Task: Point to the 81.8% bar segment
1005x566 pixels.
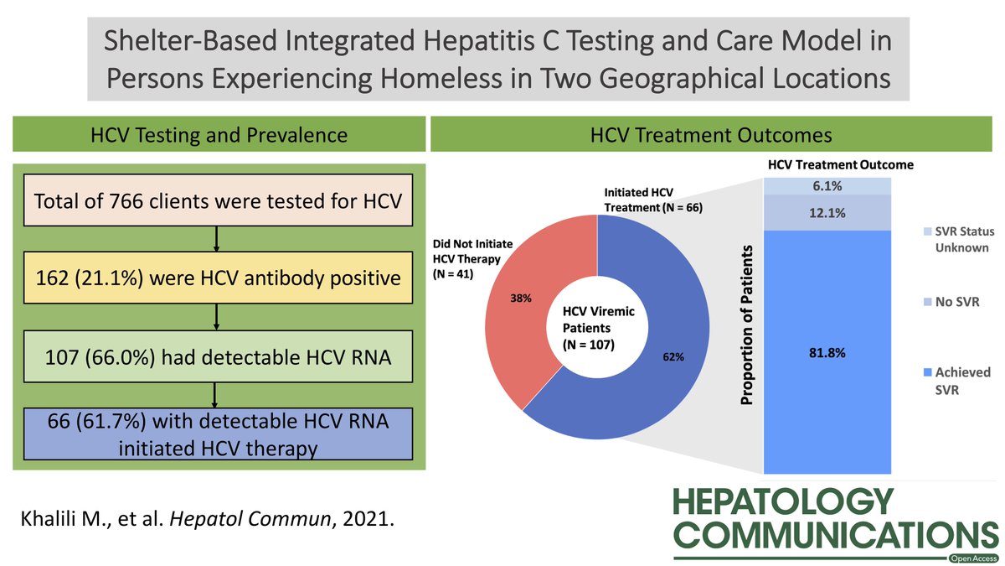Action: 826,352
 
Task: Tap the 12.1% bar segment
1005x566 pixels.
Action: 826,213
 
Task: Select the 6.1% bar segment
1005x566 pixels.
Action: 826,186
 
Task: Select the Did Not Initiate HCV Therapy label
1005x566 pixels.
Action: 471,257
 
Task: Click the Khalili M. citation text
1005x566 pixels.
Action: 206,518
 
